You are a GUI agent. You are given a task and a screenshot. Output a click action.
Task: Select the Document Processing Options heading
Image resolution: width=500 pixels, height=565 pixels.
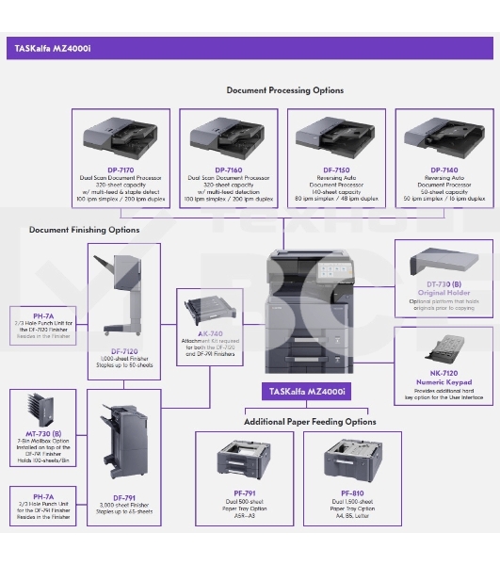tap(284, 90)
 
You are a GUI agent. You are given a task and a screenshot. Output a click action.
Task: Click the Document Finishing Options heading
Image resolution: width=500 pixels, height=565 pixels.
tap(84, 229)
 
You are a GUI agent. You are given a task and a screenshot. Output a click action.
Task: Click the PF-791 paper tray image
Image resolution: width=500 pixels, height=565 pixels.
tap(249, 461)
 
